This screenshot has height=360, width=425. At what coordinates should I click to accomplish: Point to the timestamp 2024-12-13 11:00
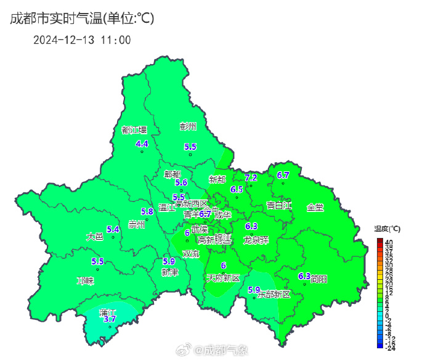pyautogui.click(x=81, y=40)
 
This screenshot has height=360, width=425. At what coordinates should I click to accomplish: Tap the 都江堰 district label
pyautogui.click(x=134, y=130)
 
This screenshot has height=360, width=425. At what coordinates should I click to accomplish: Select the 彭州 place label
pyautogui.click(x=188, y=127)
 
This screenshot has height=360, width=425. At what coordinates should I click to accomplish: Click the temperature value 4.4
pyautogui.click(x=142, y=144)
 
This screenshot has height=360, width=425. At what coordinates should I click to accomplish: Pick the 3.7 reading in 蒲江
pyautogui.click(x=110, y=319)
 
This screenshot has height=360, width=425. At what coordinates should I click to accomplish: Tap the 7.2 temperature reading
pyautogui.click(x=251, y=178)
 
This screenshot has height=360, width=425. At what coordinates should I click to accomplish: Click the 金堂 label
pyautogui.click(x=315, y=207)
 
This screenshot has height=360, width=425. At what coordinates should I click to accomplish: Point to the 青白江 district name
pyautogui.click(x=278, y=205)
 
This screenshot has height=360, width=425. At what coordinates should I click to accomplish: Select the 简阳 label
pyautogui.click(x=318, y=279)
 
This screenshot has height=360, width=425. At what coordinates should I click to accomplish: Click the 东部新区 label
pyautogui.click(x=273, y=294)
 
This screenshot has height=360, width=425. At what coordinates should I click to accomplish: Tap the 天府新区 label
pyautogui.click(x=223, y=279)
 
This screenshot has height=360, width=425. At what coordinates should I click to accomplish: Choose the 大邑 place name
pyautogui.click(x=94, y=236)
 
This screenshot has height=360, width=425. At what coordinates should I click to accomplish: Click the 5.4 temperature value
pyautogui.click(x=113, y=229)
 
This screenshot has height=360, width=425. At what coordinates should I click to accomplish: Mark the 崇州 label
pyautogui.click(x=136, y=224)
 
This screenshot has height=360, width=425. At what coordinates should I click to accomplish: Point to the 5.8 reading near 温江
pyautogui.click(x=147, y=211)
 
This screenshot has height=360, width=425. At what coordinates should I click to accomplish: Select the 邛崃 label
pyautogui.click(x=85, y=280)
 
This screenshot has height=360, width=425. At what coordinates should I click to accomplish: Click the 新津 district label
pyautogui.click(x=170, y=272)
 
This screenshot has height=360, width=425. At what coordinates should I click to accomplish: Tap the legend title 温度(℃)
pyautogui.click(x=387, y=229)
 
